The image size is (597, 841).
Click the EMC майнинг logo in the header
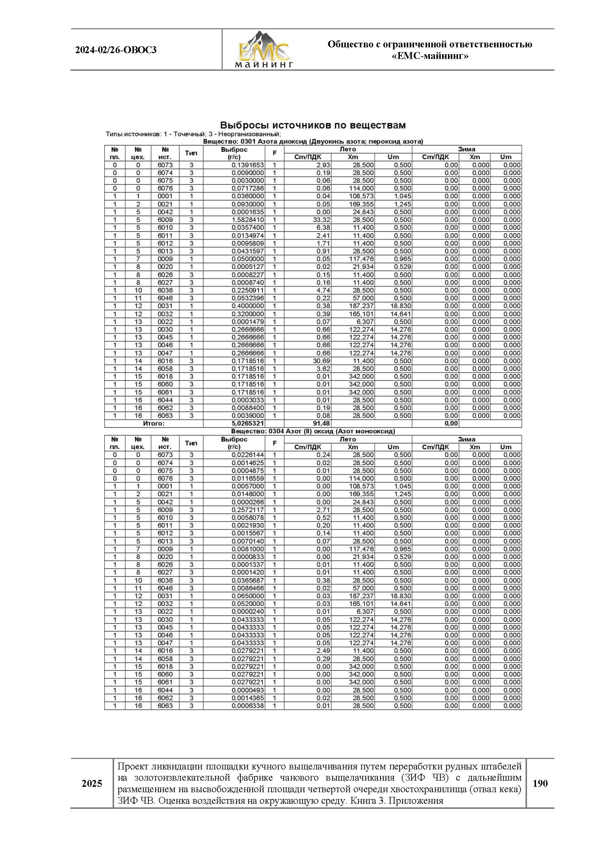tap(263, 50)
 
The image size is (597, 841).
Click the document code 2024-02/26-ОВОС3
tap(116, 50)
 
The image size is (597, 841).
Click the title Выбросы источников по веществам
tap(313, 125)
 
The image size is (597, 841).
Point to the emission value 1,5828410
tap(247, 220)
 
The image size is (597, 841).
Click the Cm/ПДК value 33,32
tap(321, 220)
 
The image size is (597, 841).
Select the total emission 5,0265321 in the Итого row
tap(247, 423)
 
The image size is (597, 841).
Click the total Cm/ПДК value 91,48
tap(321, 423)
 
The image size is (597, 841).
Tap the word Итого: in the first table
tap(154, 423)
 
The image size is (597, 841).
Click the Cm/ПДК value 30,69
tap(321, 361)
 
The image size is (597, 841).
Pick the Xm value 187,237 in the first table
tap(361, 306)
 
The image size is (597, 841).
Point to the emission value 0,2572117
tap(247, 510)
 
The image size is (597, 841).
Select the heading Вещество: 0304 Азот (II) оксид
tap(313, 431)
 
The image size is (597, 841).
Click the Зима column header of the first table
tap(466, 149)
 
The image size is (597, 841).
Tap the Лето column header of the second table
tap(347, 439)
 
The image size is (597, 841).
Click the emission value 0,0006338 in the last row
tap(247, 705)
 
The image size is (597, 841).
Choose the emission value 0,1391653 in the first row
tap(247, 165)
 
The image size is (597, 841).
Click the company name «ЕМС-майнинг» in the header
tap(430, 56)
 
